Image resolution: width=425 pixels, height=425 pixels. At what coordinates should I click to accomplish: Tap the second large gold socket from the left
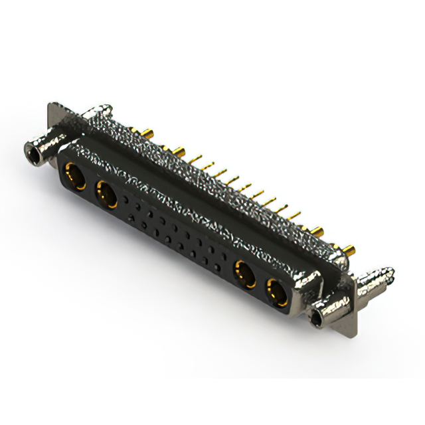106,195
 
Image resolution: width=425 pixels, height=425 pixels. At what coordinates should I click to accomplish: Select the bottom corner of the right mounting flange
353,332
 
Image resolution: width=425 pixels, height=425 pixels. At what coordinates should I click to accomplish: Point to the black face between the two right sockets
261,282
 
